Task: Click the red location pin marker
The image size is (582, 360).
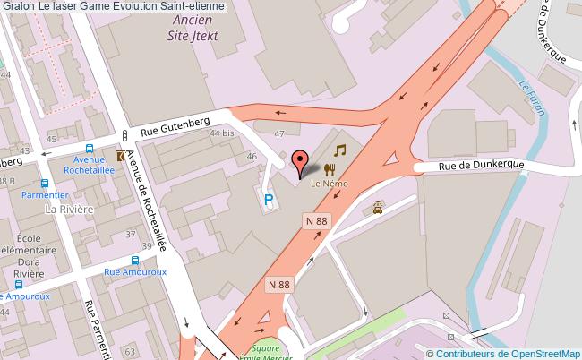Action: tap(299, 162)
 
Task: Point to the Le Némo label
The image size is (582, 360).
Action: tap(328, 183)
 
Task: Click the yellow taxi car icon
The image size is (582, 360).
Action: tap(379, 209)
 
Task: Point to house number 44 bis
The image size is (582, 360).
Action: tap(220, 133)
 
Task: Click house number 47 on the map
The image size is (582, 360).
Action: tap(278, 134)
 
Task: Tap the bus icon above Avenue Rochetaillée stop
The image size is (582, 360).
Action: tap(89, 150)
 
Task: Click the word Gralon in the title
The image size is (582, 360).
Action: tap(18, 6)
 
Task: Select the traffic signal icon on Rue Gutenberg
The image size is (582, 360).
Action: tap(124, 134)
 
